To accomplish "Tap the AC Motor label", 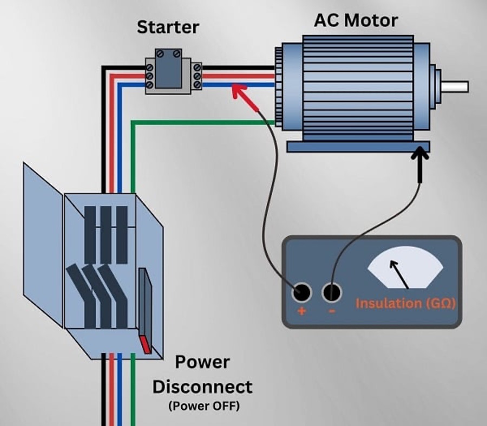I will [356, 20].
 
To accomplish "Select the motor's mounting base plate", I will [358, 147].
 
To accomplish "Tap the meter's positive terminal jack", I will [301, 293].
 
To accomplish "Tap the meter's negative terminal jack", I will [332, 293].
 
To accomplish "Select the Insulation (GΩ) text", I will [405, 303].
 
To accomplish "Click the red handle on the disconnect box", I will [146, 344].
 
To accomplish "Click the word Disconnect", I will [202, 387].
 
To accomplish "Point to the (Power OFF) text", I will [203, 405].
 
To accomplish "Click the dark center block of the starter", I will [168, 69].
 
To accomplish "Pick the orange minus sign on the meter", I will [332, 312].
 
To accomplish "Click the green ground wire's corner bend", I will [133, 124].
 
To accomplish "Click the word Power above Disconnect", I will [202, 363].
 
